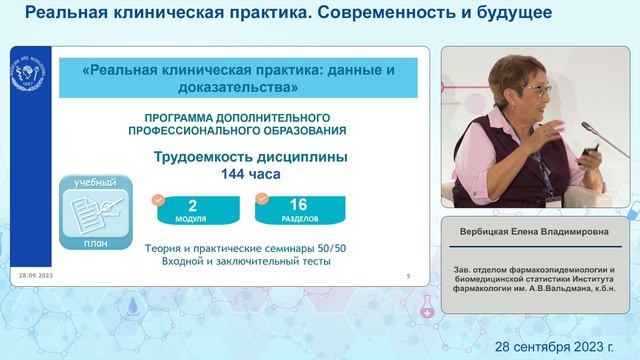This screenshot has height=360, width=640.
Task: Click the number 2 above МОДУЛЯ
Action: pyautogui.click(x=191, y=205)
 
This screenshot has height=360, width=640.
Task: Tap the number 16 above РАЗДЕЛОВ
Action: pyautogui.click(x=297, y=205)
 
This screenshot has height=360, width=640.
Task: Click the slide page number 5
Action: pyautogui.click(x=408, y=274)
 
